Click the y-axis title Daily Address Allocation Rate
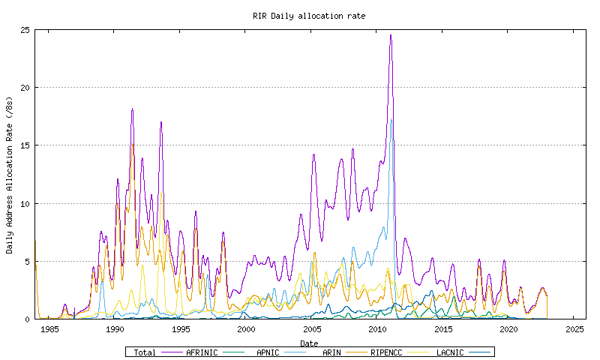coord(10,174)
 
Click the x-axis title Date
coord(309,343)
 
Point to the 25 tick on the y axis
coord(26,30)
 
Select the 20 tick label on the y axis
coord(26,88)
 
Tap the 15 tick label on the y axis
coord(26,145)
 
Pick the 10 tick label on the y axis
coord(26,203)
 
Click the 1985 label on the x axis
coord(49,329)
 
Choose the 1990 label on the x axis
coord(115,329)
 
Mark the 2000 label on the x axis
coord(246,329)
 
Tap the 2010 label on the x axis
coord(377,329)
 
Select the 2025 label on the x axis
coord(574,329)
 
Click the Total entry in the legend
coord(145,352)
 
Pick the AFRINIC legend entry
coord(202,352)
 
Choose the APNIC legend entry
coord(268,352)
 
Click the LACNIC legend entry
coord(450,352)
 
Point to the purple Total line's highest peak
coord(391,35)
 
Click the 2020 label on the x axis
coord(508,329)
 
